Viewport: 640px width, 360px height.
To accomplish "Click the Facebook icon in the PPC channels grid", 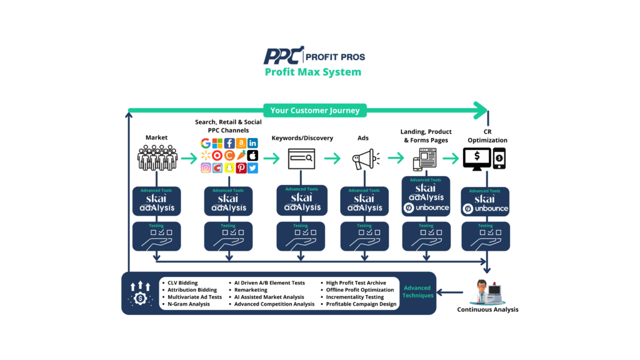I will click(229, 143).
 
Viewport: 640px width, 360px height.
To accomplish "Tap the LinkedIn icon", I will click(252, 143).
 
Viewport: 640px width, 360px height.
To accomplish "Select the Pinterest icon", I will click(241, 168).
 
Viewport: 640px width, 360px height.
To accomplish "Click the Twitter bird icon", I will click(252, 168).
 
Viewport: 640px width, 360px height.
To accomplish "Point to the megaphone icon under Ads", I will click(366, 159).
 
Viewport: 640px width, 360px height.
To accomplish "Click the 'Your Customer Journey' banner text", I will click(315, 111).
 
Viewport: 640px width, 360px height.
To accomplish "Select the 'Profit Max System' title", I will click(312, 72).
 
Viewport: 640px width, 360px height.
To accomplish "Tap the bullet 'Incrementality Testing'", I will click(354, 297).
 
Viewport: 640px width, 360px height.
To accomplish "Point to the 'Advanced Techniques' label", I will click(417, 292).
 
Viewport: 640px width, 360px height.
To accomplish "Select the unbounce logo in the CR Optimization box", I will click(486, 208).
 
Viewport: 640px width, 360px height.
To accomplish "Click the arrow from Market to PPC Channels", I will click(188, 159).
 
